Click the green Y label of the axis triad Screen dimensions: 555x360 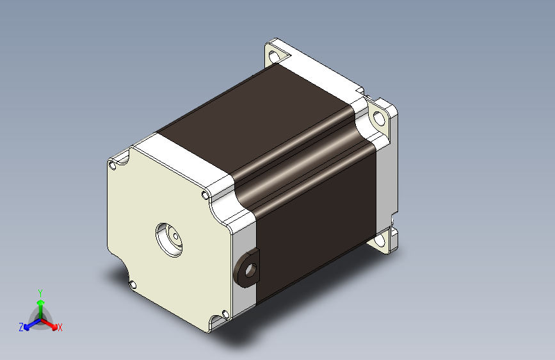(40, 293)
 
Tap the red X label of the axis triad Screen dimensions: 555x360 (60, 328)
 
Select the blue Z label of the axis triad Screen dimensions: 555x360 (21, 327)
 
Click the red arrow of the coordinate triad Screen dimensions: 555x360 (49, 324)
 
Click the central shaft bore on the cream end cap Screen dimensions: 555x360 (170, 240)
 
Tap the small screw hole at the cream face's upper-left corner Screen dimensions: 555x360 (113, 165)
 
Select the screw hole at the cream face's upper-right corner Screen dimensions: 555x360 (205, 195)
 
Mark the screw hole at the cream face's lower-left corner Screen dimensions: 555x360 (133, 284)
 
